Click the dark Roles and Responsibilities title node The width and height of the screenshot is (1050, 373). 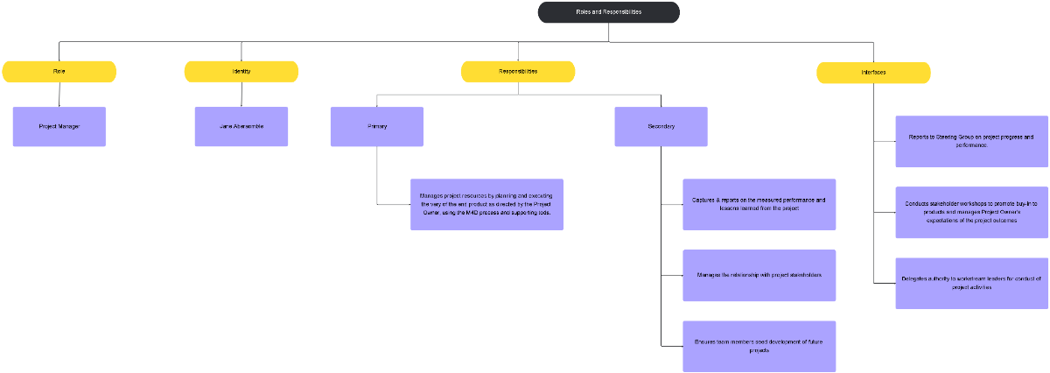608,12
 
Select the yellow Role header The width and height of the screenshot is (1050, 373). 59,72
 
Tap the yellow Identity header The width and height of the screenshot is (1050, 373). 241,72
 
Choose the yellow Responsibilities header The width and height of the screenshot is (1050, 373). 518,72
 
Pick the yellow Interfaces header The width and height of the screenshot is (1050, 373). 873,73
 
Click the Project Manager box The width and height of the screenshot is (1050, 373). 59,126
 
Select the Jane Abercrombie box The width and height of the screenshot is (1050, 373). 241,126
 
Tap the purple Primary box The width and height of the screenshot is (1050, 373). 377,126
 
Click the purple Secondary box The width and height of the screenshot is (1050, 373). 661,126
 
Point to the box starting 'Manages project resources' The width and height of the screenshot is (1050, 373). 486,204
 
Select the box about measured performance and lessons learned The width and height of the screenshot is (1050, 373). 759,204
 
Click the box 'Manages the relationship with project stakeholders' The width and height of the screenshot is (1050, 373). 759,275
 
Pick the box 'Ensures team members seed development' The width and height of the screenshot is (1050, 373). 759,346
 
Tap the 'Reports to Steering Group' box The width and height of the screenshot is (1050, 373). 971,141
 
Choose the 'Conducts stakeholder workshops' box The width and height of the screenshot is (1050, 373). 971,212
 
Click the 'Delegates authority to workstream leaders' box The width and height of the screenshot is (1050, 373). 971,283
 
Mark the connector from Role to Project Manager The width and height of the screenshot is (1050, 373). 59,95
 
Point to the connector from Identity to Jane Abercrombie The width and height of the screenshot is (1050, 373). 241,95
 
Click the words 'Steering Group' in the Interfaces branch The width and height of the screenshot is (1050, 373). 955,137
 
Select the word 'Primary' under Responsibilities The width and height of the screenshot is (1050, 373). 377,126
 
